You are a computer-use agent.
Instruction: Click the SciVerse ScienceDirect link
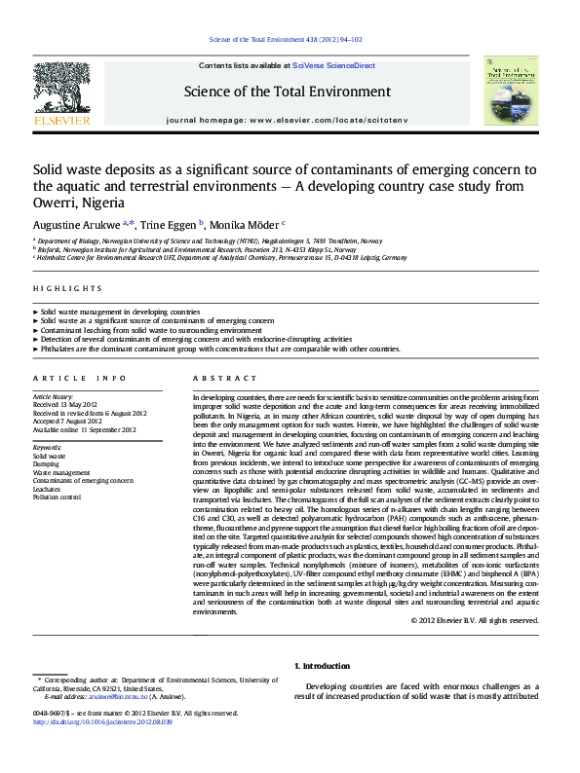point(340,65)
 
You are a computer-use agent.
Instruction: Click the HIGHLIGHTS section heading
point(67,289)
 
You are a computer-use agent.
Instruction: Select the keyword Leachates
point(50,489)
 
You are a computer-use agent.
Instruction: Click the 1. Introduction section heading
point(322,666)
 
